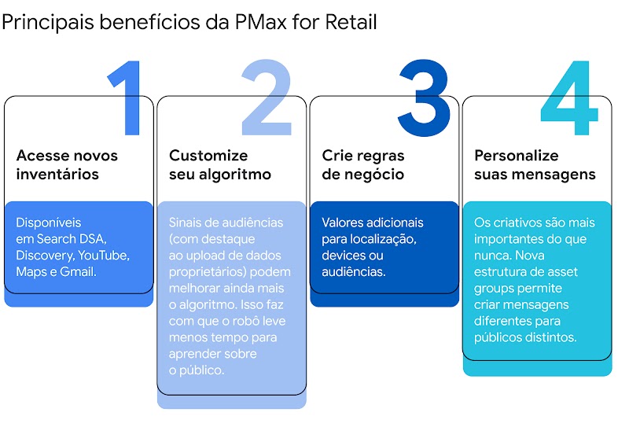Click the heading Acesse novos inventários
point(67,164)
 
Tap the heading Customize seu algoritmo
point(220,164)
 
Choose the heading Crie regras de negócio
point(363,164)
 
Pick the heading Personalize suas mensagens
point(535,164)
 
